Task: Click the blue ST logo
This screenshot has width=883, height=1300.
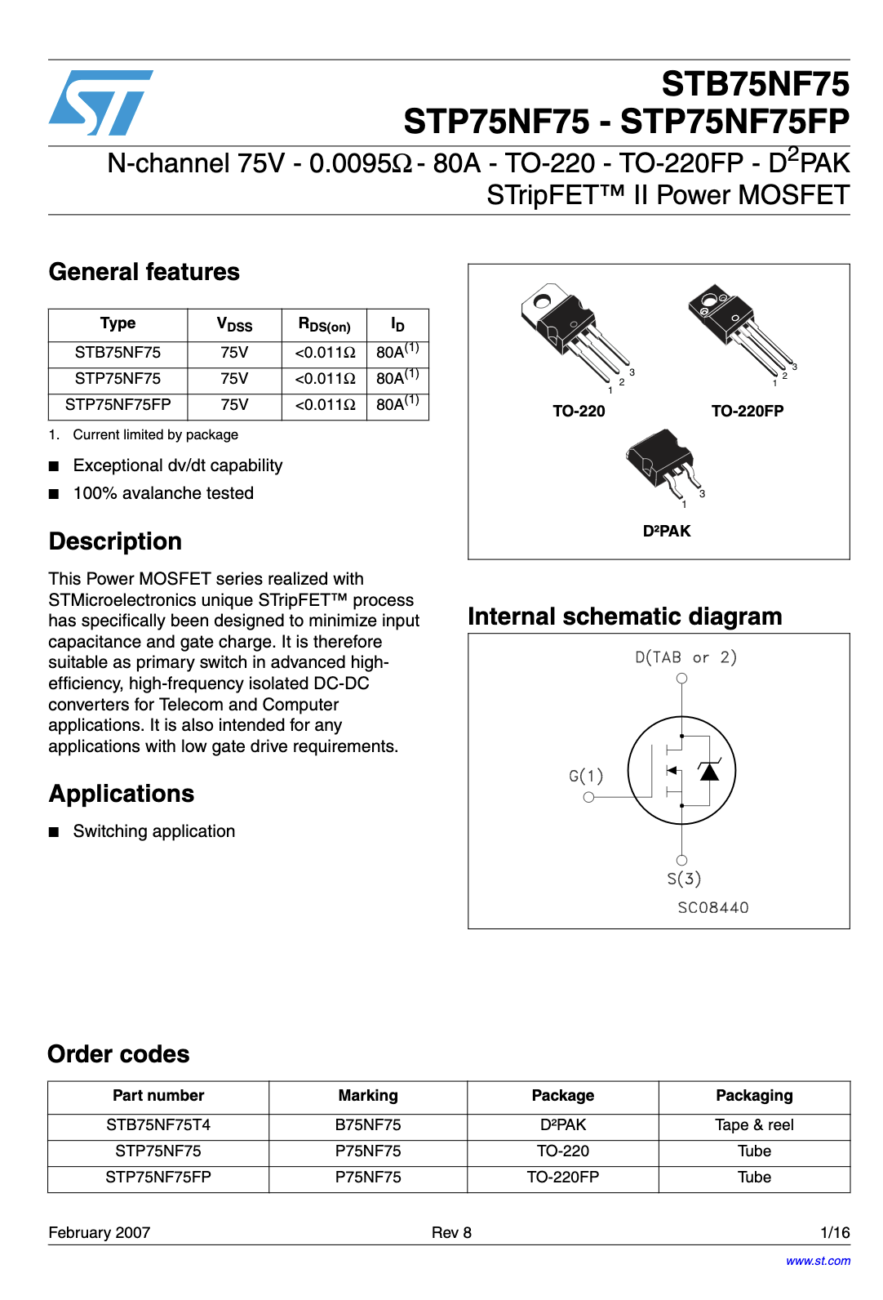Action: tap(100, 103)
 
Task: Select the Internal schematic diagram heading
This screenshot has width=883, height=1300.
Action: tap(624, 617)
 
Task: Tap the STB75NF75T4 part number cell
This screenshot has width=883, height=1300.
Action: tap(158, 1125)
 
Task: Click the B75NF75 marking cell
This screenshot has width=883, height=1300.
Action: tap(368, 1125)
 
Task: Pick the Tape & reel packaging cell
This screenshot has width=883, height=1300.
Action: tap(754, 1125)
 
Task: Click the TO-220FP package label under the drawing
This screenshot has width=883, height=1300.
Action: tap(747, 412)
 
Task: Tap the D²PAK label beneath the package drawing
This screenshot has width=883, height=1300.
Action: tap(667, 532)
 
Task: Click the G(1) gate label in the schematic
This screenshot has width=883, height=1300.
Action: tap(586, 776)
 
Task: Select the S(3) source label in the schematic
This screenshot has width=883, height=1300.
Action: tap(684, 879)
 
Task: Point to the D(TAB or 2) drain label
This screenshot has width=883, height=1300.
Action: tap(686, 657)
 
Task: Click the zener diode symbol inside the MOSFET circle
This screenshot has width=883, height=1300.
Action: tap(709, 770)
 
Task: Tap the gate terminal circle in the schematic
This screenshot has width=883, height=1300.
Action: tap(588, 798)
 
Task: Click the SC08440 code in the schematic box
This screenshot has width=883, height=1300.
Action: tap(712, 908)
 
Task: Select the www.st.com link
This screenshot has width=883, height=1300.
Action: tap(818, 1261)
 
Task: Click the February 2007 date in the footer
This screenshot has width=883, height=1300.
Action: tap(100, 1233)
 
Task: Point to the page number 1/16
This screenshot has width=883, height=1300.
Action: tap(835, 1233)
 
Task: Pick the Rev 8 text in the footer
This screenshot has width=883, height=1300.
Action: tap(451, 1233)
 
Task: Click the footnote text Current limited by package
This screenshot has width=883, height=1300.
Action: tap(155, 435)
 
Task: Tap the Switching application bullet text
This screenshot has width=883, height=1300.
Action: tap(154, 831)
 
